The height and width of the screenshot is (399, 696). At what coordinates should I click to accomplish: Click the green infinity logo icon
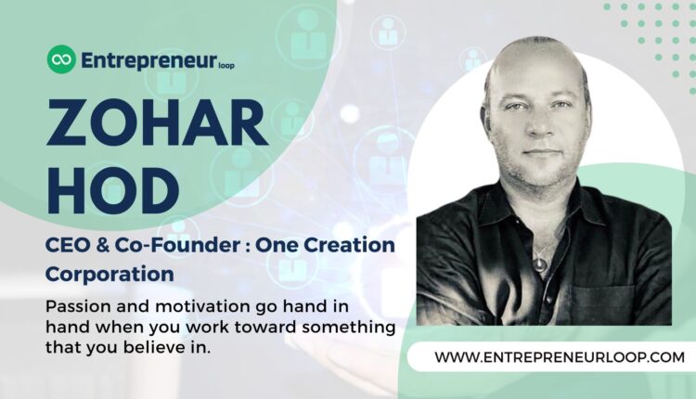[61, 60]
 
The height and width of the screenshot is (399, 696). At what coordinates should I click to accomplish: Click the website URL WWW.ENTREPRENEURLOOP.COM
[547, 356]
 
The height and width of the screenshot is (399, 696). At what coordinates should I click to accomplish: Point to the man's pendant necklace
[540, 264]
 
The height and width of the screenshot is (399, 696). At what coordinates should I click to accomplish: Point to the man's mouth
[541, 152]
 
